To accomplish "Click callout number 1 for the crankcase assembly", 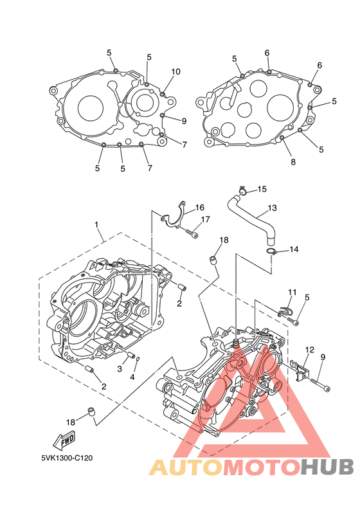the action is click(96, 224).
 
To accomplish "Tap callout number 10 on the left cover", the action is click(176, 71).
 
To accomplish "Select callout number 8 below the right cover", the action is click(293, 161).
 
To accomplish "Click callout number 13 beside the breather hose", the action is click(273, 208).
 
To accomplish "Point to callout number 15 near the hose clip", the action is click(262, 189).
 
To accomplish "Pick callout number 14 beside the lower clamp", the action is click(294, 249).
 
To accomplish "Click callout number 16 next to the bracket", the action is click(200, 207).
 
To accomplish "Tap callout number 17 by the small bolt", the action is click(206, 219).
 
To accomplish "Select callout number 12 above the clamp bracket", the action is click(309, 350).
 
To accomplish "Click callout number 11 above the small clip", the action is click(292, 292).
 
